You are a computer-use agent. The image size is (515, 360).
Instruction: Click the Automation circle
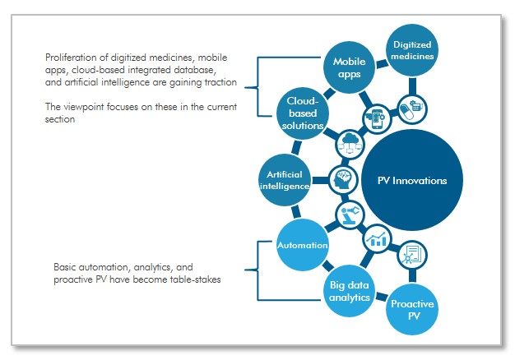pyautogui.click(x=302, y=245)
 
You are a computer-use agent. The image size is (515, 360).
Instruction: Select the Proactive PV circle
pyautogui.click(x=412, y=310)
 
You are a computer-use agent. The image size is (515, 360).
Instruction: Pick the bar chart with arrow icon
pyautogui.click(x=378, y=239)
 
